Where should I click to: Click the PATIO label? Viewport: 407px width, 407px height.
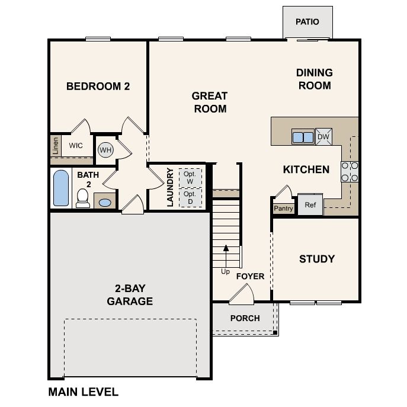[307, 21]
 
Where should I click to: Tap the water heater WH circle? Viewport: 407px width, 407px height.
[105, 150]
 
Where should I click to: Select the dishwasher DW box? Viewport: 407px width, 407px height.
[323, 136]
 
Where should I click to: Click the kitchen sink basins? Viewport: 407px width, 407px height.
[303, 137]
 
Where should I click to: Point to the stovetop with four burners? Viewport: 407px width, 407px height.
[350, 172]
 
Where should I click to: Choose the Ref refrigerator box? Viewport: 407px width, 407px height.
[310, 204]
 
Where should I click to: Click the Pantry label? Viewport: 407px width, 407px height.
[283, 209]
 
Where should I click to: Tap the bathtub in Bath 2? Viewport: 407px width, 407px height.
[61, 188]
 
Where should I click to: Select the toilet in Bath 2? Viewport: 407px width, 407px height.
[83, 198]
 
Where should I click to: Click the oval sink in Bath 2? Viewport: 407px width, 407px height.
[105, 202]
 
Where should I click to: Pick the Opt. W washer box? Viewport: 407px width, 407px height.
[190, 178]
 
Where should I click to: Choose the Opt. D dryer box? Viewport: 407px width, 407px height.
[190, 198]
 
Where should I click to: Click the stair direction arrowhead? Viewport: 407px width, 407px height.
[226, 248]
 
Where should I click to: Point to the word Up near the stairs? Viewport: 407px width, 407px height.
[225, 272]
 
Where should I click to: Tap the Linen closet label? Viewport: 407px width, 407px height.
[56, 146]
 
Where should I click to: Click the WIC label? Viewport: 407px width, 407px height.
[76, 145]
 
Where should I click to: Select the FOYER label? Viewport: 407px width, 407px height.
[250, 276]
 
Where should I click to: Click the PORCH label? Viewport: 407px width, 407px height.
[245, 318]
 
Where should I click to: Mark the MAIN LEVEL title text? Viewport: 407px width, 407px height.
[84, 392]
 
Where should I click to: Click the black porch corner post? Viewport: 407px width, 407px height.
[275, 332]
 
